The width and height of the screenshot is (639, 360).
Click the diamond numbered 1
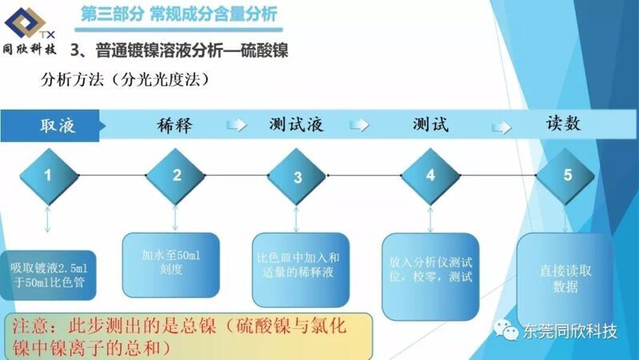pos(49,176)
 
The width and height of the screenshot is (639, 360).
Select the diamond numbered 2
pos(176,176)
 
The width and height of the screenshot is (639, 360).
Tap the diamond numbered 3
pos(297,177)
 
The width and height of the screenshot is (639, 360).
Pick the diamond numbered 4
pos(430,176)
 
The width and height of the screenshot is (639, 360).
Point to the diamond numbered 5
pos(565,176)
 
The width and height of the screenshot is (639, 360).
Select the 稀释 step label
pos(174,125)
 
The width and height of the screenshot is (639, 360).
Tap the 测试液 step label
pos(296,125)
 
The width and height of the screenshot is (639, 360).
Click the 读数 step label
pos(563,123)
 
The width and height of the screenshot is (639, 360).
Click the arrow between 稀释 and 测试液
pos(237,125)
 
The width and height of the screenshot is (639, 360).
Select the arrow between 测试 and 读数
pos(501,128)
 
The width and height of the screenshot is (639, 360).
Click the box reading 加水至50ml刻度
pos(171,265)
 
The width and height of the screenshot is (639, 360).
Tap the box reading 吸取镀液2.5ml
pos(48,275)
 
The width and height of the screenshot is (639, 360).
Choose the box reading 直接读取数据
pos(565,279)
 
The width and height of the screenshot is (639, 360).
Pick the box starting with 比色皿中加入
pos(301,270)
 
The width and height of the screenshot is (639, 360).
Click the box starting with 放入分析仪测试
pos(430,277)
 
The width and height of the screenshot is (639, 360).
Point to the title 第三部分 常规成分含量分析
pos(179,14)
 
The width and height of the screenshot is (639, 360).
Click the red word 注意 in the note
pos(30,326)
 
